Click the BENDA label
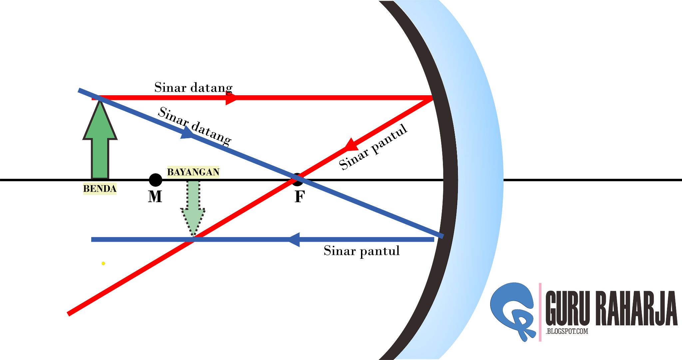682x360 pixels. [100, 188]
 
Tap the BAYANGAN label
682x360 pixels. [193, 172]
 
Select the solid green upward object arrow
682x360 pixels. [100, 143]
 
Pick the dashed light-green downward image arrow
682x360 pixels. [193, 206]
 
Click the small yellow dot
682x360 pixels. [103, 263]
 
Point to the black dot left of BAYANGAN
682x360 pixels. [155, 180]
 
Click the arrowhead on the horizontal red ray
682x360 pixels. [230, 98]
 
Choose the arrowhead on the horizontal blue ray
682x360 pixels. [294, 239]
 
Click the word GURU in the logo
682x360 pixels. [567, 308]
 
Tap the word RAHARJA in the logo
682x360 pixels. [636, 308]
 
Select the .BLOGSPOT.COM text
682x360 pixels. [567, 331]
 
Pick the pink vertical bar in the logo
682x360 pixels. [540, 312]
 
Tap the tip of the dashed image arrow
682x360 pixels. [193, 236]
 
